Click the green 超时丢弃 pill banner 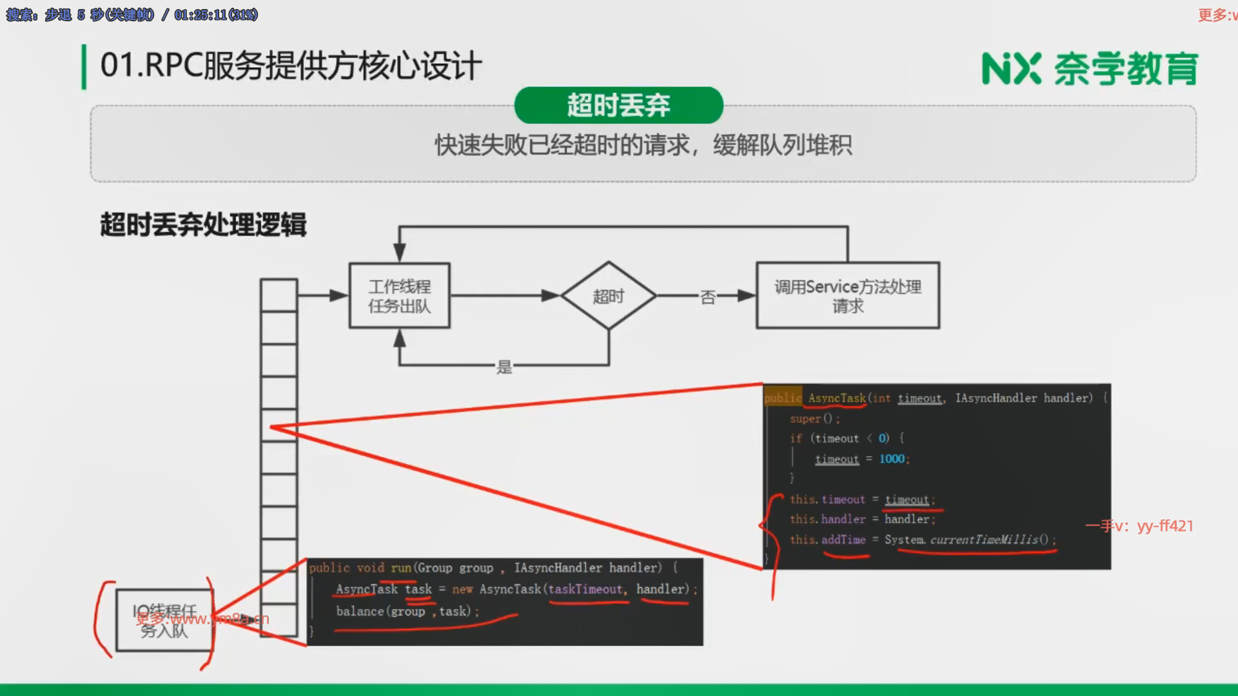tap(618, 105)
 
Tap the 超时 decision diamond tap(608, 296)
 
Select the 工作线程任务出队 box tap(399, 296)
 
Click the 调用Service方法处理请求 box tap(847, 296)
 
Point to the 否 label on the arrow tap(707, 297)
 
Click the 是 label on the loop tap(504, 367)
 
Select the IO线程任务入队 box tap(164, 620)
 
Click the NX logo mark tap(1011, 69)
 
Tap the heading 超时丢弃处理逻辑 tap(203, 225)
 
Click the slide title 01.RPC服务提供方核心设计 tap(291, 66)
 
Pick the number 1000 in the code tap(892, 459)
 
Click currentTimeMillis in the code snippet tap(984, 539)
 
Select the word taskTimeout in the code tap(585, 589)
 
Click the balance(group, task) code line tap(406, 611)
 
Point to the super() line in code tap(814, 419)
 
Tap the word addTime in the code tap(843, 539)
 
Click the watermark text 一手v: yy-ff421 tap(1139, 526)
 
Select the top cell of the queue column tap(279, 295)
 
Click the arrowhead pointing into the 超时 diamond tap(551, 296)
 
